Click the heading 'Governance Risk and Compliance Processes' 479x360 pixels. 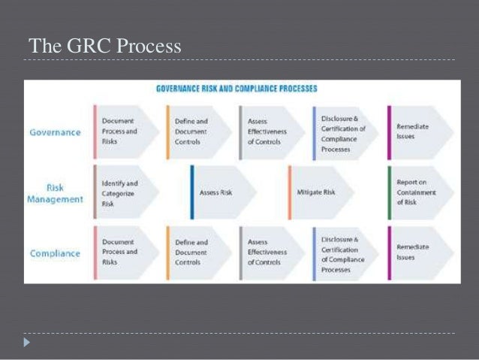pyautogui.click(x=236, y=89)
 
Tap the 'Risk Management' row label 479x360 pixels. pyautogui.click(x=55, y=193)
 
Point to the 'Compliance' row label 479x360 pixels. pyautogui.click(x=56, y=253)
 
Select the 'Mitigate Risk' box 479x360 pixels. pyautogui.click(x=317, y=192)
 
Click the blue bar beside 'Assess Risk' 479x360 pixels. pyautogui.click(x=192, y=192)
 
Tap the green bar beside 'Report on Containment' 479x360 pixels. pyautogui.click(x=390, y=192)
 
